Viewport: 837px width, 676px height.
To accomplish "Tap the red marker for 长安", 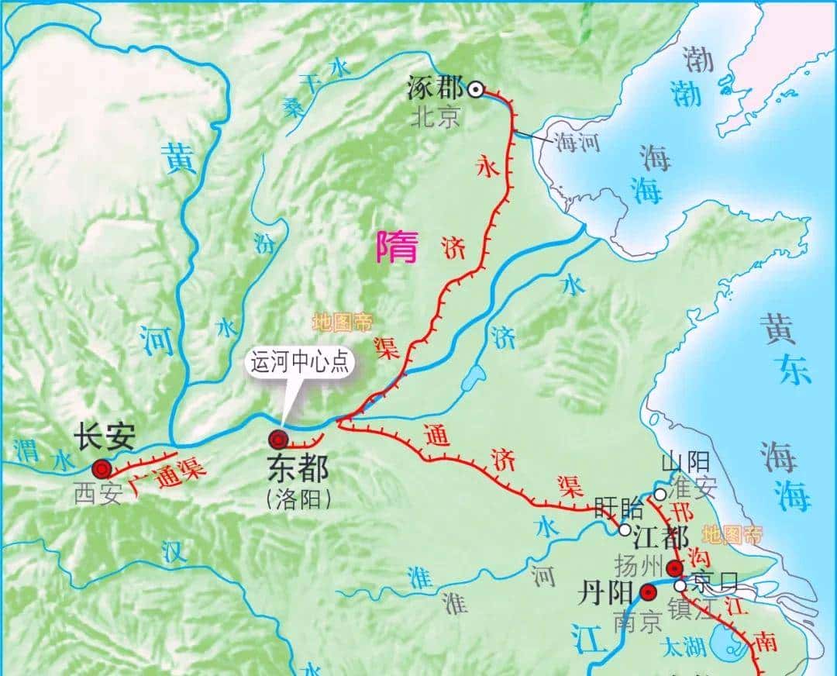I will click(x=101, y=468).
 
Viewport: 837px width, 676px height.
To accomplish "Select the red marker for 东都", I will click(x=277, y=440).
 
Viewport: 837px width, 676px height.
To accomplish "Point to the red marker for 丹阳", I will click(x=648, y=592).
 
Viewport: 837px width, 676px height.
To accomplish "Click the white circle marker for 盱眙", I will click(x=625, y=529).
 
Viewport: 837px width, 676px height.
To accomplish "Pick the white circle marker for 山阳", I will click(x=660, y=494).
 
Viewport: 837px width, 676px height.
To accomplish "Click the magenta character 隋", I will click(x=397, y=247).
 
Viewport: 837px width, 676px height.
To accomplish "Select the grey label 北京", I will click(x=436, y=116).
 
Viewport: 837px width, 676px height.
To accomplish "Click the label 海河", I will click(x=576, y=142).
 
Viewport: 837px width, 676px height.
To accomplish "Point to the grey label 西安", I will click(x=98, y=494).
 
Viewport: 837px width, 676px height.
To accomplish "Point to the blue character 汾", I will click(x=264, y=243).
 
